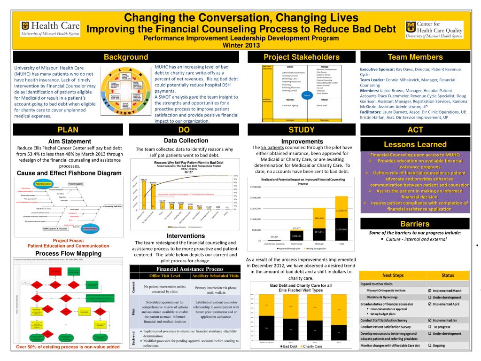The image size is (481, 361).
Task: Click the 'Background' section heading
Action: click(125, 57)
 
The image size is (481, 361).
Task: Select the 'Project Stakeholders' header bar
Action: click(301, 57)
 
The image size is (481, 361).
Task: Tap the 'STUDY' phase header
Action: click(301, 130)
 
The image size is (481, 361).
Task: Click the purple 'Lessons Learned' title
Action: click(415, 144)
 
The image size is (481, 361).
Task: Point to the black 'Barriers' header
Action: click(415, 223)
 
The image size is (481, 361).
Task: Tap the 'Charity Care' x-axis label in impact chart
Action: click(296, 244)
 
